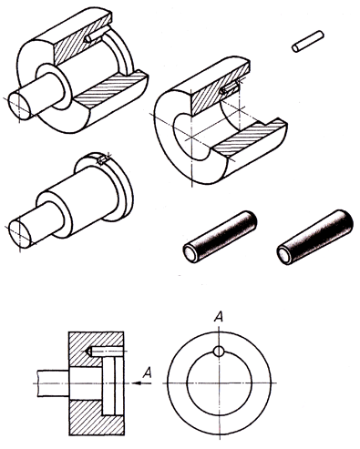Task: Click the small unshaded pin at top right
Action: pyautogui.click(x=308, y=41)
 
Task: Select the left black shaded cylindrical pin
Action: pyautogui.click(x=220, y=237)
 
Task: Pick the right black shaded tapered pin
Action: pyautogui.click(x=315, y=237)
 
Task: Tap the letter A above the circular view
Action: pyautogui.click(x=219, y=317)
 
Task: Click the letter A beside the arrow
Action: pyautogui.click(x=147, y=372)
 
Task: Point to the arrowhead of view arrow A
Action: pyautogui.click(x=138, y=383)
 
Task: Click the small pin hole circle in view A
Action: pyautogui.click(x=219, y=352)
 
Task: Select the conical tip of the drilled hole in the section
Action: pyautogui.click(x=89, y=352)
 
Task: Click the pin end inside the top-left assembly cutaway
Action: pyautogui.click(x=88, y=39)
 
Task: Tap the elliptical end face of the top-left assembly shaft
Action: pyautogui.click(x=19, y=106)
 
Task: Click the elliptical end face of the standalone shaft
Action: pyautogui.click(x=20, y=234)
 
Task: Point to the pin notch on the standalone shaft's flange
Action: pyautogui.click(x=102, y=160)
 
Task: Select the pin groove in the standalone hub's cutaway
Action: pyautogui.click(x=230, y=89)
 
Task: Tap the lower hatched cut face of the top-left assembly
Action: pyautogui.click(x=111, y=88)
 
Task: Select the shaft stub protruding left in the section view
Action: pyautogui.click(x=53, y=383)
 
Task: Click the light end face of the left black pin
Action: pyautogui.click(x=190, y=253)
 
